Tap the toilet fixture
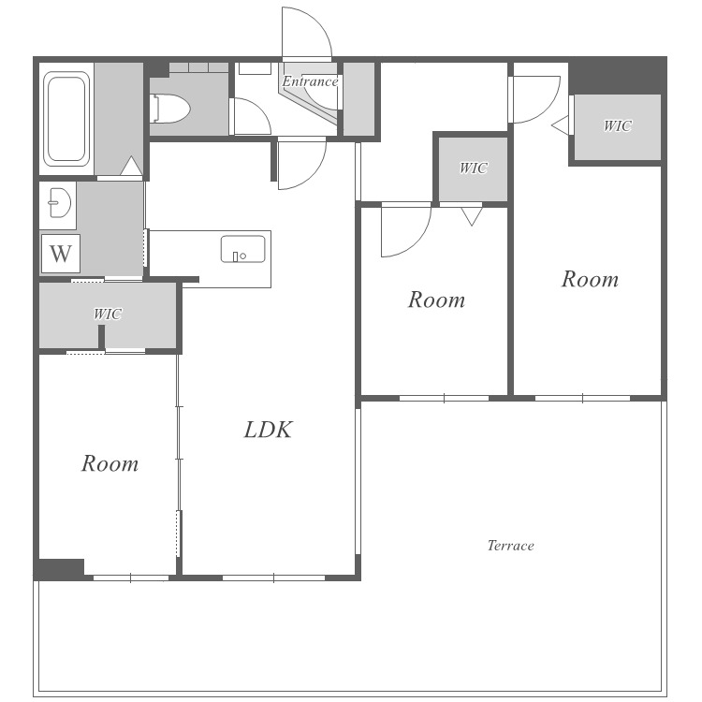coord(170,108)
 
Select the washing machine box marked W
coord(61,254)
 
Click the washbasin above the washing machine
coord(60,203)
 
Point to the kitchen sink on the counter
coord(242,249)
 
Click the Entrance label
coord(310,81)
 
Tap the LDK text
coord(269,430)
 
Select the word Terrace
coord(510,546)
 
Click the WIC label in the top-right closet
coord(618,125)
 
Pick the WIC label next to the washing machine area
coord(108,314)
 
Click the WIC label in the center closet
coord(474,168)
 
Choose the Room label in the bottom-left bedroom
coord(110,463)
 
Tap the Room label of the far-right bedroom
coord(590,279)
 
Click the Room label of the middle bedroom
coord(436,300)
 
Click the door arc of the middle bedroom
coord(417,241)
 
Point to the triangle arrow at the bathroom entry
coord(131,166)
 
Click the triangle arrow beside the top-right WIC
coord(560,124)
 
